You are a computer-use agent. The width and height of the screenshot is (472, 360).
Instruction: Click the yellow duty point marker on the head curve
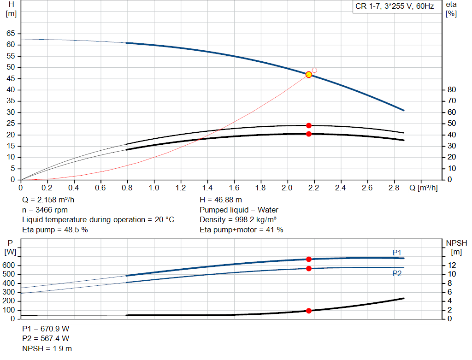[x=309, y=75]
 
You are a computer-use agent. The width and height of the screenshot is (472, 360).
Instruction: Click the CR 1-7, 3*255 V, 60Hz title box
[x=395, y=7]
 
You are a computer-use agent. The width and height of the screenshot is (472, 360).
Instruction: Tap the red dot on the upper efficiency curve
[x=309, y=125]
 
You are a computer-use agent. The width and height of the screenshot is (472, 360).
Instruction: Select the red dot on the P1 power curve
[x=309, y=259]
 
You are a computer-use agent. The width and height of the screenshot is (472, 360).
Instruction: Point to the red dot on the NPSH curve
[x=309, y=311]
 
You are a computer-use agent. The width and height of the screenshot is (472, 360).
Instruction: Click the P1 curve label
[x=397, y=252]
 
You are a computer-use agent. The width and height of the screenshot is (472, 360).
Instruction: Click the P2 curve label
[x=397, y=273]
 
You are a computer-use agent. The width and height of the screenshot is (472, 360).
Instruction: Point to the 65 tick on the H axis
[x=11, y=34]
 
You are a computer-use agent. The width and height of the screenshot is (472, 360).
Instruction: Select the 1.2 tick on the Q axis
[x=181, y=188]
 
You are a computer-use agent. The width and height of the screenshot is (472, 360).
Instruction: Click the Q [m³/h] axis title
[x=423, y=188]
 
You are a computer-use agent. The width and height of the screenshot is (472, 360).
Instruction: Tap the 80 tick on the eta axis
[x=452, y=89]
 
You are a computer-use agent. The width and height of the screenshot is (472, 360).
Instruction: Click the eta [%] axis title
[x=451, y=9]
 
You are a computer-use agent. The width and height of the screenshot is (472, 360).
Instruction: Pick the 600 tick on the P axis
[x=9, y=266]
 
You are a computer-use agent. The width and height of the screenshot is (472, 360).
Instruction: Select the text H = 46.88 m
[x=220, y=200]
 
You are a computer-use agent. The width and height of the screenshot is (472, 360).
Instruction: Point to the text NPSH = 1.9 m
[x=47, y=348]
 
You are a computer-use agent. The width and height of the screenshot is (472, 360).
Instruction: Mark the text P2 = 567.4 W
[x=46, y=338]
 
